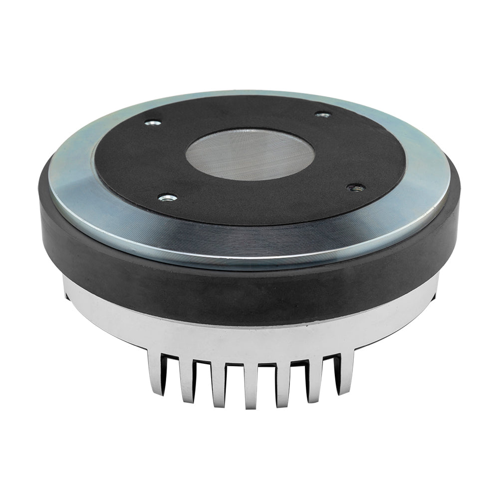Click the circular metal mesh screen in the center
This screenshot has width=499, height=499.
(250, 155)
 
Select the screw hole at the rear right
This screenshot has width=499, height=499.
(323, 115)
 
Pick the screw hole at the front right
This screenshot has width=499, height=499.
(356, 187)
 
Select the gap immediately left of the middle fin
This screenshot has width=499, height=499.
(234, 382)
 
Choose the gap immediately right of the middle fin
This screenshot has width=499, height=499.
(266, 382)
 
